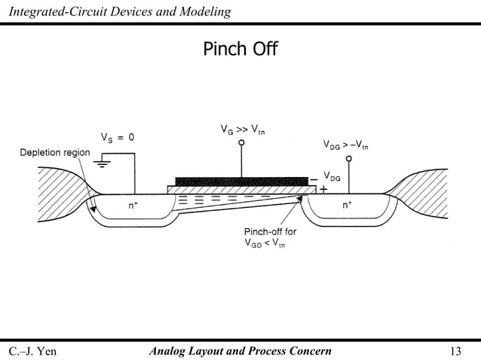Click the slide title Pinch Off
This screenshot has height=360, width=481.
tap(240, 50)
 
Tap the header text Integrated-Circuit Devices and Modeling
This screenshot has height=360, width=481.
tap(117, 11)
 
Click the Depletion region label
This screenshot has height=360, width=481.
tap(54, 153)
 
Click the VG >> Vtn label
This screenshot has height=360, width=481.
tap(242, 130)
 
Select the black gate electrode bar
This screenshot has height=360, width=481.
tap(241, 181)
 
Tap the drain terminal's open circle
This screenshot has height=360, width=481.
tap(348, 160)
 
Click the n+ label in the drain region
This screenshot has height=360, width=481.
tap(347, 204)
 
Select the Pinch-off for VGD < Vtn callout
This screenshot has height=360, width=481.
tap(269, 237)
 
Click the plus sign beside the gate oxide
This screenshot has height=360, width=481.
tap(323, 190)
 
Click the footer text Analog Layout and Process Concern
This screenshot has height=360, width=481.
tap(240, 350)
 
